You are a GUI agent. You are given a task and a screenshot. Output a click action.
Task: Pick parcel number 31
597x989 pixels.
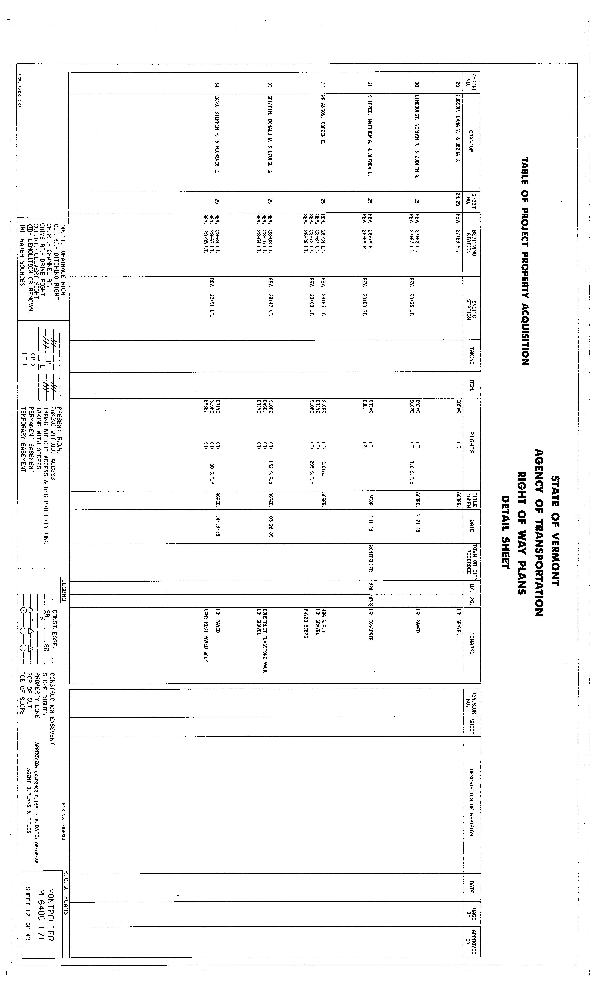click(x=370, y=85)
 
